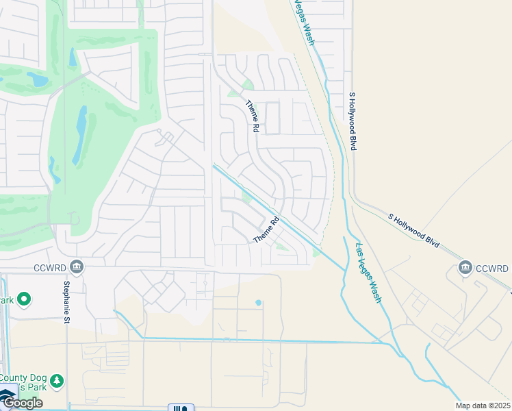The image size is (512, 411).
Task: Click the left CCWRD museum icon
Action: (x=77, y=266)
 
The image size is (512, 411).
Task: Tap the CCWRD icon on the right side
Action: (x=466, y=266)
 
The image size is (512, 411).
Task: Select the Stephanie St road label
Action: (x=67, y=301)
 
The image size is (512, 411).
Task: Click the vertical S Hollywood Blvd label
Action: (x=353, y=121)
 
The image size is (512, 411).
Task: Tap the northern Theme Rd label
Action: (x=253, y=116)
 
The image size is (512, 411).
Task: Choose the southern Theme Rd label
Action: (x=267, y=229)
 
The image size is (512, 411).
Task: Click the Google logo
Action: (x=22, y=403)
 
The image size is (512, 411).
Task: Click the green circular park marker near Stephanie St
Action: (x=25, y=299)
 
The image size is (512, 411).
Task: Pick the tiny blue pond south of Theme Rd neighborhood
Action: (x=258, y=302)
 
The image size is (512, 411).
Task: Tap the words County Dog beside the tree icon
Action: (x=23, y=378)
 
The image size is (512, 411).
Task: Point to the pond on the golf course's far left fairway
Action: (x=37, y=79)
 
